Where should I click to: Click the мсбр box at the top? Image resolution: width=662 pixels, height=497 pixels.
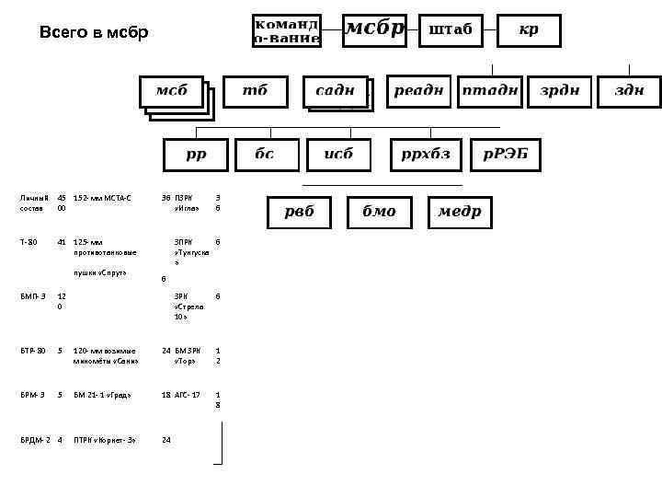[x=374, y=29]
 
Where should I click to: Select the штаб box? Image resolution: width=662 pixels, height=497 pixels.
[x=451, y=29]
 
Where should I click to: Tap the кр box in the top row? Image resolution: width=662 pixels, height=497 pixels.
[x=529, y=29]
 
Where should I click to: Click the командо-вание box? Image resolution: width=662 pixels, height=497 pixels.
[x=286, y=30]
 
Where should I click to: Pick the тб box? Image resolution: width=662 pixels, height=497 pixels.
[x=256, y=91]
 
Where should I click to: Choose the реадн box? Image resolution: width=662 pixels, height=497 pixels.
[x=419, y=91]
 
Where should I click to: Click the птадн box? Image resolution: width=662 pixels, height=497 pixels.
[x=490, y=91]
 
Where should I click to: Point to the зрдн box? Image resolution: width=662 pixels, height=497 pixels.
[x=560, y=91]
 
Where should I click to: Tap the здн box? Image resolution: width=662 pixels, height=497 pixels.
[x=629, y=91]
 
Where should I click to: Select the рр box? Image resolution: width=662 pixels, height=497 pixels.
[x=197, y=155]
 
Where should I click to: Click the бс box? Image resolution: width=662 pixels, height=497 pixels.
[x=266, y=155]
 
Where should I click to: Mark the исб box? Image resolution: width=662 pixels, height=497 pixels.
[x=339, y=155]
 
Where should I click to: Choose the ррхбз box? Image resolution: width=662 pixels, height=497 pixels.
[x=426, y=155]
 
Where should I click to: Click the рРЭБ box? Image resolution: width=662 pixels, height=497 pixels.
[x=505, y=155]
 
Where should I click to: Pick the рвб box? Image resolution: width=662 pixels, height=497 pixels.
[x=299, y=212]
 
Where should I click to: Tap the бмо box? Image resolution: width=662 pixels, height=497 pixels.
[x=379, y=212]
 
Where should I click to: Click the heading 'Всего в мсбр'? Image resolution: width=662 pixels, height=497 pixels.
[x=93, y=33]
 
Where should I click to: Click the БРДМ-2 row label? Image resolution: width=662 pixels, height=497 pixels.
[x=36, y=440]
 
